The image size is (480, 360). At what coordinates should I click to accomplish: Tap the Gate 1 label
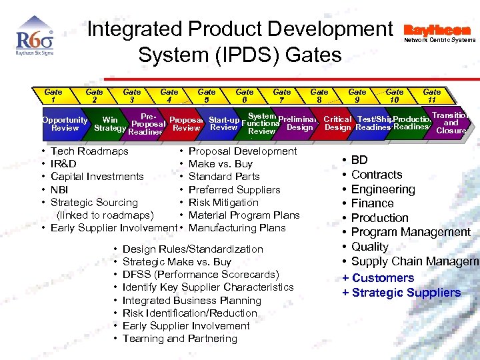[53, 96]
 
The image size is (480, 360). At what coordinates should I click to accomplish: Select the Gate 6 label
[245, 96]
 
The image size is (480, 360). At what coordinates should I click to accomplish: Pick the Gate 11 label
[432, 96]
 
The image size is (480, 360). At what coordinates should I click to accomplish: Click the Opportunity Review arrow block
[65, 124]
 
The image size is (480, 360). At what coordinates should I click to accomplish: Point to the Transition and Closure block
[451, 123]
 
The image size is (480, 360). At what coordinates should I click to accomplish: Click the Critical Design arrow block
[337, 123]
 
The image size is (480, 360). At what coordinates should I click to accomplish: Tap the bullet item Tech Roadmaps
[89, 151]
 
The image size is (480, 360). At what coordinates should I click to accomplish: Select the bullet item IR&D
[63, 164]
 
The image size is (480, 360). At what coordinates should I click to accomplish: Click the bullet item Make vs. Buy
[221, 164]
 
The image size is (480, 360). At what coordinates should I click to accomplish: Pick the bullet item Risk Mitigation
[223, 203]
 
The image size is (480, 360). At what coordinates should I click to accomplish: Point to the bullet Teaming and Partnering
[179, 339]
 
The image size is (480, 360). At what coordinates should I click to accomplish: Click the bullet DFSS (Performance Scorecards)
[201, 275]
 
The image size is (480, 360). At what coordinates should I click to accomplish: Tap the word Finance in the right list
[372, 203]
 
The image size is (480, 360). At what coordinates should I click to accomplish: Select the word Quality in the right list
[369, 247]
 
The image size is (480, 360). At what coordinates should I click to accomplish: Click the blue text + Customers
[378, 278]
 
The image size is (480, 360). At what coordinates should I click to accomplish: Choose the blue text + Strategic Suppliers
[401, 293]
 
